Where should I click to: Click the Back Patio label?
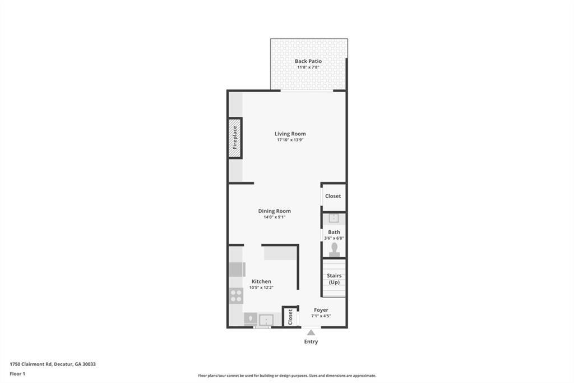(308, 61)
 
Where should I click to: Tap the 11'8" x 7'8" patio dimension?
(308, 68)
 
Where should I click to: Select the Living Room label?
(290, 134)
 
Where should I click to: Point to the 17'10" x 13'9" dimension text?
(290, 140)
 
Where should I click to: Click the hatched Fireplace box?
(235, 138)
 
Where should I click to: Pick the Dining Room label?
(274, 211)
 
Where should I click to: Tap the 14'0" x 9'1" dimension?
(274, 217)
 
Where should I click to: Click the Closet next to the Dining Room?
(333, 197)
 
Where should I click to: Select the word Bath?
(334, 232)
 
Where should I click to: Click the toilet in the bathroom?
(334, 248)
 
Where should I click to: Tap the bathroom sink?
(334, 218)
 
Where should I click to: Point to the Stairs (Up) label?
(334, 279)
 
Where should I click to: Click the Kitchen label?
(261, 281)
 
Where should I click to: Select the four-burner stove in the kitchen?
(236, 295)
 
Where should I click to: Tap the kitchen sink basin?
(265, 320)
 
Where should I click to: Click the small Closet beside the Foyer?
(290, 317)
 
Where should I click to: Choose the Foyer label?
(321, 310)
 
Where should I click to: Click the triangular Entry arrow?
(311, 332)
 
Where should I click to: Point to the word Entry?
(311, 341)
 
